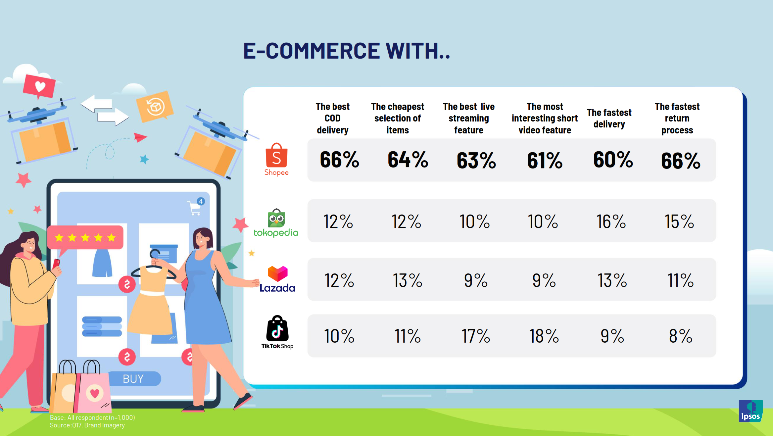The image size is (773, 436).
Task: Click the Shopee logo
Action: (276, 159)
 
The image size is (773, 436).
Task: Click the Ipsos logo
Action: (750, 411)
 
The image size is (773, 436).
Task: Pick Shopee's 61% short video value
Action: (545, 161)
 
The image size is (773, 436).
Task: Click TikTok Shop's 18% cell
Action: (544, 336)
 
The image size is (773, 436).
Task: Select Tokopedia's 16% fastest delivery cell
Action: (611, 221)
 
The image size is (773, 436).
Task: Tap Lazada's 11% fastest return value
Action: (680, 280)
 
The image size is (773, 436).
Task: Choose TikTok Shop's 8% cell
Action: (681, 336)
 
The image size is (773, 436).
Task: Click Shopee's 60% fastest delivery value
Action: (613, 160)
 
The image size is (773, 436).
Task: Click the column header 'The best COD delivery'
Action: (332, 118)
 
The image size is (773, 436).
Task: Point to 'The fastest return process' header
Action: (677, 118)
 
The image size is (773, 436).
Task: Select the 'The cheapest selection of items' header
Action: (398, 118)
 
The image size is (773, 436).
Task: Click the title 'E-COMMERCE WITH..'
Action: (347, 51)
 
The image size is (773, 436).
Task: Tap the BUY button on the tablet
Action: (133, 378)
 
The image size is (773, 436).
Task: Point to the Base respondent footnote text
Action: (92, 417)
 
